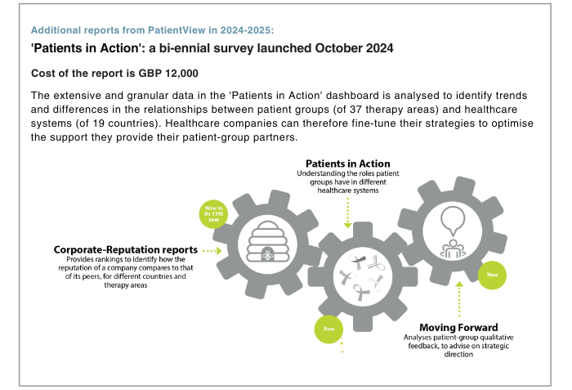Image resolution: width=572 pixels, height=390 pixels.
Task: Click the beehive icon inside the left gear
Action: pos(267,241)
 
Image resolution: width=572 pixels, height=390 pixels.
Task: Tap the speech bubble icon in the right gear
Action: pos(453,221)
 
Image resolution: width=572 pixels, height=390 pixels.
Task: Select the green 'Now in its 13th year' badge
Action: pos(213,214)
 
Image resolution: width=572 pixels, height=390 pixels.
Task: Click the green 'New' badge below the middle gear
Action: pos(328,329)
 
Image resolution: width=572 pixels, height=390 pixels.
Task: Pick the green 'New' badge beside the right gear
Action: pos(492,275)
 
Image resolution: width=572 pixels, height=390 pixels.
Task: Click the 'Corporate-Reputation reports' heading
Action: pos(126,249)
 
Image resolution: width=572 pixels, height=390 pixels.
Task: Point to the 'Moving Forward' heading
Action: pos(458,328)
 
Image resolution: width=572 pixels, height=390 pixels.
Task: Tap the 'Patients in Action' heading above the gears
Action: pos(347,164)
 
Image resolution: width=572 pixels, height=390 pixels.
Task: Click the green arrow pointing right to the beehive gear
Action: pos(212,251)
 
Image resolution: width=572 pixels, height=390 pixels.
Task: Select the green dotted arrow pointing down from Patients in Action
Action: pos(347,213)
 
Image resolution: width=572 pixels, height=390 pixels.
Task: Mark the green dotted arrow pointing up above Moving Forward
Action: pos(459,299)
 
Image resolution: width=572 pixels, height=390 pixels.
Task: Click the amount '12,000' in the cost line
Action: pos(181,74)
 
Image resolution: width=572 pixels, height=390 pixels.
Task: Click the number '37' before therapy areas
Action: pos(355,110)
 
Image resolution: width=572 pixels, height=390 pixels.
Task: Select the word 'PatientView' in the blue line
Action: pos(177,30)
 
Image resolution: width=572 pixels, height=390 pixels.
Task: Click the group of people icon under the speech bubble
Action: pos(453,249)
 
